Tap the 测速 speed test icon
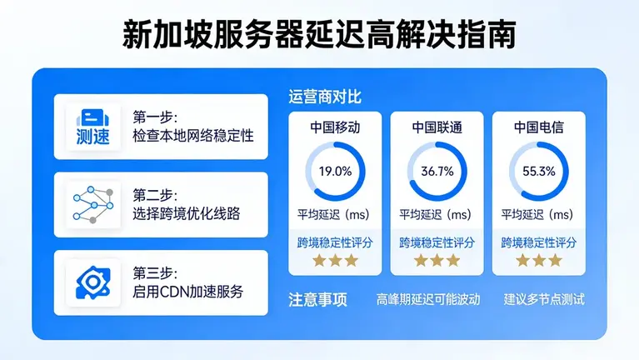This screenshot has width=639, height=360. (x=92, y=127)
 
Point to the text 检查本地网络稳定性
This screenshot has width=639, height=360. (x=192, y=135)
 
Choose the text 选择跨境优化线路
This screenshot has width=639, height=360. (x=186, y=213)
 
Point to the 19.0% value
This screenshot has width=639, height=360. (x=335, y=172)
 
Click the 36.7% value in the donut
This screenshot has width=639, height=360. (x=437, y=172)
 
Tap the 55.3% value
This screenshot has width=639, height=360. (x=538, y=172)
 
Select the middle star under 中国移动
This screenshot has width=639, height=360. (x=335, y=260)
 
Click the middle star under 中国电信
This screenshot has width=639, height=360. (x=538, y=260)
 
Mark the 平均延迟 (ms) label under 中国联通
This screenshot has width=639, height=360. (x=437, y=215)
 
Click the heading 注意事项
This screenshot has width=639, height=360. (x=317, y=299)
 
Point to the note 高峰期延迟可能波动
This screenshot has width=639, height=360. (x=428, y=299)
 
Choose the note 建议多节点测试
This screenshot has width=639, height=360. (x=544, y=299)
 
